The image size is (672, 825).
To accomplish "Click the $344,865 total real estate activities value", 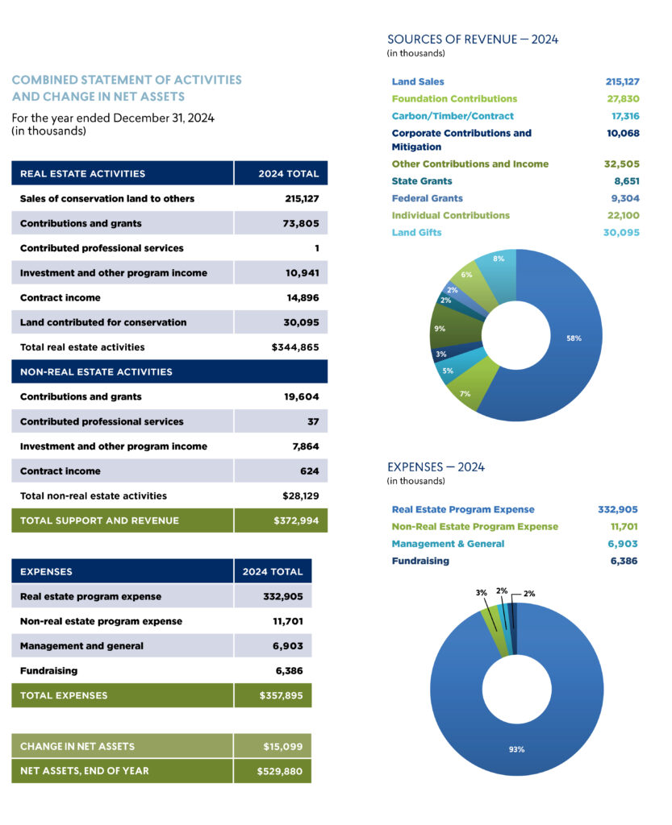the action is (295, 347).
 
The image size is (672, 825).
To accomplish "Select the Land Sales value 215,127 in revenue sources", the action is (623, 81).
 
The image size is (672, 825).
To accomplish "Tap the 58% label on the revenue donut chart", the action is (574, 338).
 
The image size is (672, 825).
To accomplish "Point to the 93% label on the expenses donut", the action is (516, 749).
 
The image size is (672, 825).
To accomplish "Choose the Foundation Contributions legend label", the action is (454, 99).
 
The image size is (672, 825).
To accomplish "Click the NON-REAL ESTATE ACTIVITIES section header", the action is (96, 372).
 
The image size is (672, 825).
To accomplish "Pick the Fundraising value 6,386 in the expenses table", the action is (289, 671).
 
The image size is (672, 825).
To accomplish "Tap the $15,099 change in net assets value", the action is (283, 747).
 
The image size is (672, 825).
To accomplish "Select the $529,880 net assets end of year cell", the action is (280, 771).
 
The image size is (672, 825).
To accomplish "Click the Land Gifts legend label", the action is (416, 233).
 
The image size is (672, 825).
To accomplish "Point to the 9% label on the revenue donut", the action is (440, 329).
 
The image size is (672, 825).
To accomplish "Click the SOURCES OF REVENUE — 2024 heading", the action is (473, 39).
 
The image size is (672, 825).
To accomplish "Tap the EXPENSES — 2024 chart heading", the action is (436, 467).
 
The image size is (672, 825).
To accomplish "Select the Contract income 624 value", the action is (310, 471).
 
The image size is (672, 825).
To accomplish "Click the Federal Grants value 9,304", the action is (625, 198).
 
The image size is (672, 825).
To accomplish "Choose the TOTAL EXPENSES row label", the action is (64, 695).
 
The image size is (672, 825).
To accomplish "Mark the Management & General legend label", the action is (449, 544).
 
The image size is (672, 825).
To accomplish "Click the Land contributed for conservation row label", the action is (103, 322).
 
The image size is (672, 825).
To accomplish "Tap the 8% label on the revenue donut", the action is (499, 259).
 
